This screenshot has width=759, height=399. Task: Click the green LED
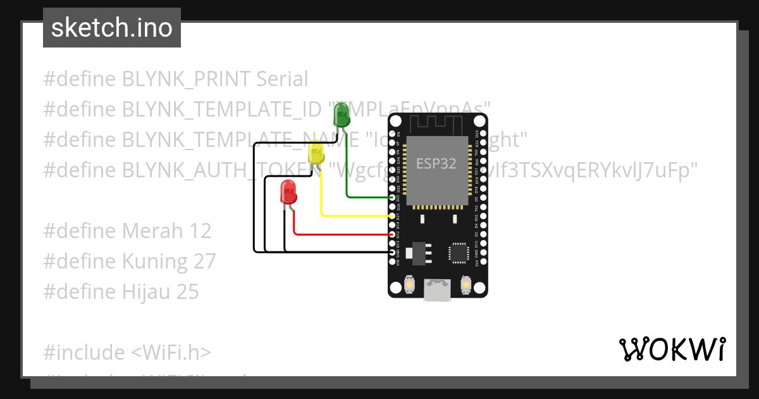[x=342, y=115]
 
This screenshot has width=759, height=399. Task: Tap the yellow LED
[x=316, y=154]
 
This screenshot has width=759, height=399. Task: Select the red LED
[x=288, y=191]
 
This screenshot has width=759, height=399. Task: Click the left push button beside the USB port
[x=410, y=285]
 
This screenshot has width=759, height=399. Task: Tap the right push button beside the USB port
[x=466, y=285]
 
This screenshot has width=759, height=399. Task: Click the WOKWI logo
[x=672, y=349]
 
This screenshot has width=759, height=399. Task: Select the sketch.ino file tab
[x=112, y=28]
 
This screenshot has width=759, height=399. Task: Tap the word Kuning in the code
[x=155, y=262]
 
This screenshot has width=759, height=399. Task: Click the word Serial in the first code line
[x=282, y=79]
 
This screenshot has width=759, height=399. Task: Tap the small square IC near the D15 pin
[x=458, y=253]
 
